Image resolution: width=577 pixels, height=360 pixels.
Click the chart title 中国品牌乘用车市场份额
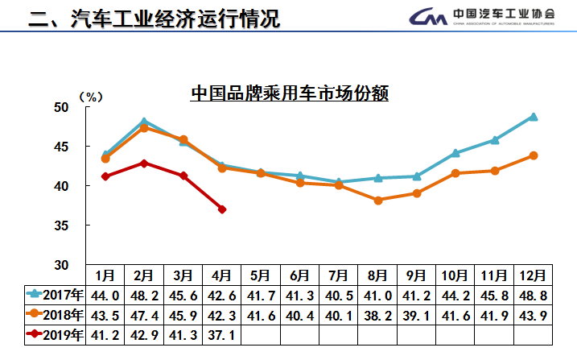[x=290, y=93]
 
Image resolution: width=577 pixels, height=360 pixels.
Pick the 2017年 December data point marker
[x=533, y=117]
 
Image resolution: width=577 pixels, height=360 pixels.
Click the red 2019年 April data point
[x=221, y=209]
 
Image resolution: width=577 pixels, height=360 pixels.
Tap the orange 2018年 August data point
[x=378, y=201]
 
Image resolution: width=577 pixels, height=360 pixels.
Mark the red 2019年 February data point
[x=144, y=163]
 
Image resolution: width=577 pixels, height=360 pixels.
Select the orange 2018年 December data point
[x=533, y=155]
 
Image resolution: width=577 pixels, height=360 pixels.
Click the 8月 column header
[x=378, y=275]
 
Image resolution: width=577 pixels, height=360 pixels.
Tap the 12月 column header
[x=533, y=275]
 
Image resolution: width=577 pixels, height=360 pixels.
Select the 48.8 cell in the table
[x=533, y=294]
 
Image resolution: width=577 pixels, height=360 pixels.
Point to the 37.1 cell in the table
[x=221, y=333]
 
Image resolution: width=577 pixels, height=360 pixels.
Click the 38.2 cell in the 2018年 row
[x=378, y=314]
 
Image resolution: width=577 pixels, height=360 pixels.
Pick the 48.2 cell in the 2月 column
[x=144, y=294]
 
